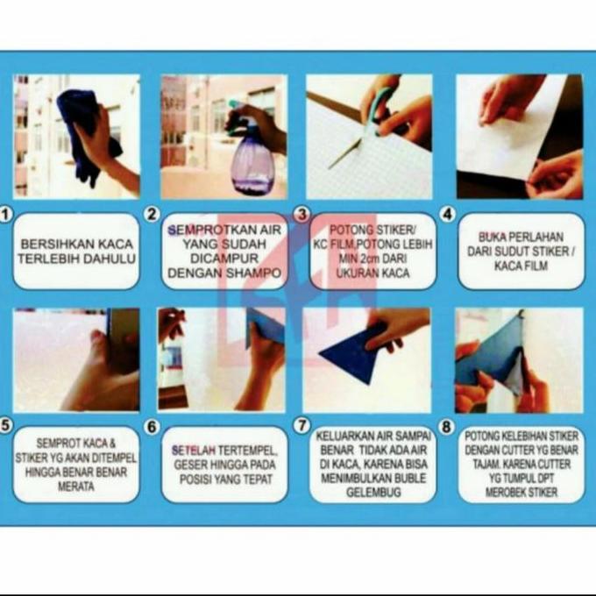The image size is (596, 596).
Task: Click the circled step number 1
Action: (5, 215)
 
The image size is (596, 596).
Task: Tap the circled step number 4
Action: (448, 215)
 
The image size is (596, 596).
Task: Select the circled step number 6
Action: (152, 427)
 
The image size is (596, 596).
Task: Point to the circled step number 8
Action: (446, 427)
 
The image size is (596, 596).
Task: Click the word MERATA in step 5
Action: (75, 486)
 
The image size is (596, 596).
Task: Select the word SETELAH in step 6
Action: (194, 451)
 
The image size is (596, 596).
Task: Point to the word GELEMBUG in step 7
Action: (373, 493)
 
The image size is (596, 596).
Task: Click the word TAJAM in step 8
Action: (484, 465)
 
